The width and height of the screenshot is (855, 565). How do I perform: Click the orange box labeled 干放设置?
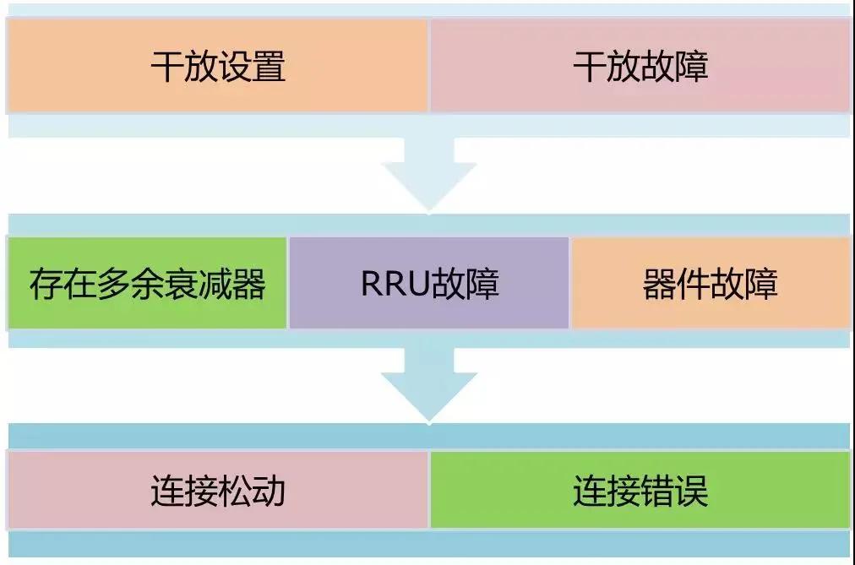(x=217, y=66)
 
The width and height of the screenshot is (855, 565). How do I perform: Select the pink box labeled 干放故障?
(x=640, y=66)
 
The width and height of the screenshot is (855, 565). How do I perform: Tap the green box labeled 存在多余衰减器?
(x=147, y=284)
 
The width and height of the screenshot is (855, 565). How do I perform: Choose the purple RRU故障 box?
(x=429, y=284)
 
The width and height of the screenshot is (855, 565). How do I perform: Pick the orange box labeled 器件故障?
(x=711, y=284)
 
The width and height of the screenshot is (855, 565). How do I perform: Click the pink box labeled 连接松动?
(x=217, y=491)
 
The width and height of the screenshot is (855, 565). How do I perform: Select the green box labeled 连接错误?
(x=640, y=491)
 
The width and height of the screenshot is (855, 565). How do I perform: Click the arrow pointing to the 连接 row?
(x=428, y=385)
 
